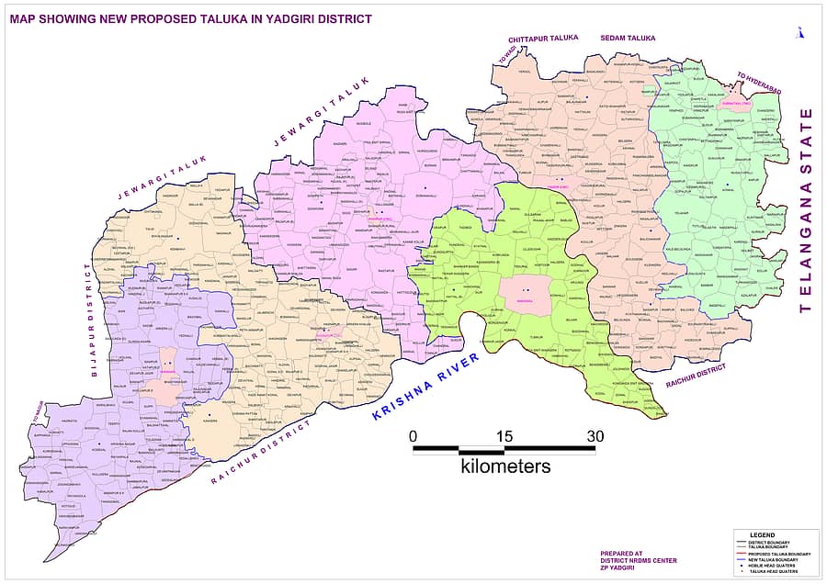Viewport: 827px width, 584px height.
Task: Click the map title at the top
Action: tap(191, 18)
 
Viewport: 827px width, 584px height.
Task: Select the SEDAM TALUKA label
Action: tap(628, 39)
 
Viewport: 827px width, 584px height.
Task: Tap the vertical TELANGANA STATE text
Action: tap(806, 210)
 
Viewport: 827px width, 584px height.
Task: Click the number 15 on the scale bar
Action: tap(504, 435)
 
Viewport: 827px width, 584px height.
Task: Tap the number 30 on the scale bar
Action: tap(595, 435)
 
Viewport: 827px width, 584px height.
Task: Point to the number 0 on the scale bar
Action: tap(413, 435)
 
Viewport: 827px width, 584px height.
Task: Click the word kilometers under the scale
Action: tap(505, 466)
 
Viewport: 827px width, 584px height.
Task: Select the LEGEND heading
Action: tap(762, 534)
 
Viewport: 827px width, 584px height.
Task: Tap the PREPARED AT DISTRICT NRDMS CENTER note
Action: tap(638, 560)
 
